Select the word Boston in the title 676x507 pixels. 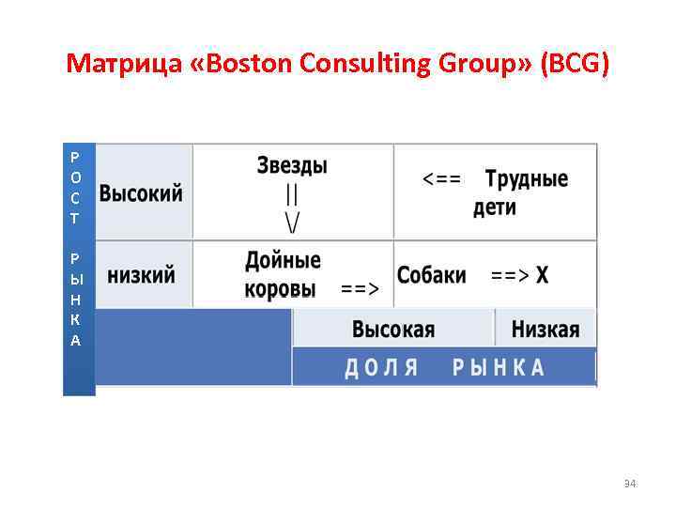click(x=245, y=64)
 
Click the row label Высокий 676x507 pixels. click(x=142, y=194)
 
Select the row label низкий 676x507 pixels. click(x=141, y=275)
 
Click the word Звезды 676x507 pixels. click(x=292, y=166)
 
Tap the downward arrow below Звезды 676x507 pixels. click(x=293, y=208)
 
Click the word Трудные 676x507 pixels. click(x=527, y=178)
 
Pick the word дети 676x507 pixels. click(x=494, y=207)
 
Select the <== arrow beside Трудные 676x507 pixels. click(x=441, y=179)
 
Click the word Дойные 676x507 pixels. click(x=283, y=260)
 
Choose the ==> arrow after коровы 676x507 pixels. click(x=360, y=289)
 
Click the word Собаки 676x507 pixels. click(x=431, y=275)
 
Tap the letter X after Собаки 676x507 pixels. click(x=543, y=275)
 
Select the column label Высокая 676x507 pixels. click(x=393, y=330)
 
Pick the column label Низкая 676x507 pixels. click(x=545, y=330)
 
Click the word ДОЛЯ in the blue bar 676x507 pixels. click(x=381, y=367)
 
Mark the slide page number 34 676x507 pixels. click(x=630, y=484)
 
